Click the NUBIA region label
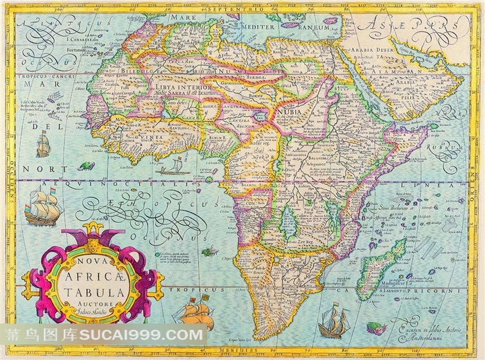click(289, 111)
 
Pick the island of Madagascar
click(380, 267)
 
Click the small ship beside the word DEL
click(44, 144)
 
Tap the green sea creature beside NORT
click(87, 166)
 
